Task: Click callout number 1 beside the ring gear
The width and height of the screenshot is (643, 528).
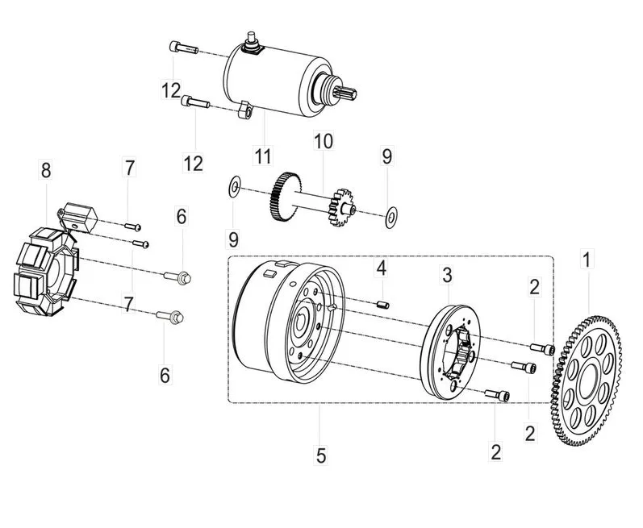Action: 587,259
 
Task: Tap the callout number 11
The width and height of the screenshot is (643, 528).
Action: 262,156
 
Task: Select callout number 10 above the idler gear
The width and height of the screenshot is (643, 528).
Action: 324,140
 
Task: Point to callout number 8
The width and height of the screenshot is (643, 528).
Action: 46,169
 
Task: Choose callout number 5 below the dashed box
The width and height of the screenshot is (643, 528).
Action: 320,455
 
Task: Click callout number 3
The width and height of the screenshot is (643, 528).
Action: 447,275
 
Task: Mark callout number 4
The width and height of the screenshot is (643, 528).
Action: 382,268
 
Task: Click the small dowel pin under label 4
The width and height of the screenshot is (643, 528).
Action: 382,305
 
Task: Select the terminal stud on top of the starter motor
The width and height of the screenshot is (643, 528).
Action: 251,40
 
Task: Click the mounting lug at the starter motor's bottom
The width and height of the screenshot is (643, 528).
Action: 244,110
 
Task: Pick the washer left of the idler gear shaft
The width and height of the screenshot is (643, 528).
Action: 234,186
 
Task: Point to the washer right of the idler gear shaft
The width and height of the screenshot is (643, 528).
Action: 391,218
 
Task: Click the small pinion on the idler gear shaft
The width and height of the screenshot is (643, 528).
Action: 340,207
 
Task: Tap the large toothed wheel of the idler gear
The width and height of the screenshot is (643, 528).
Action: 285,197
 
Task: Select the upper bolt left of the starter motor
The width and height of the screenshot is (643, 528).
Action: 183,48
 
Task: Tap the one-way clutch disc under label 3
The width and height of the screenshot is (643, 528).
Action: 451,352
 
